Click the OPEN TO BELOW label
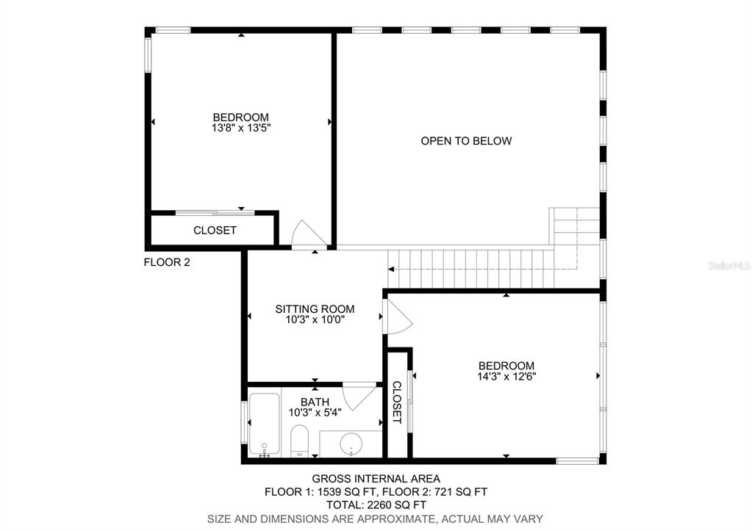[466, 141]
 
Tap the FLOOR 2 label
[167, 262]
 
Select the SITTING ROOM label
[315, 309]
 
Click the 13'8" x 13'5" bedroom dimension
[241, 128]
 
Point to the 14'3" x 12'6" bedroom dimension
[506, 376]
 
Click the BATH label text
[315, 402]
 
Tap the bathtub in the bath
[264, 425]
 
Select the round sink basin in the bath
[351, 444]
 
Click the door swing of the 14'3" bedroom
[399, 317]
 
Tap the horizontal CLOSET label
[215, 231]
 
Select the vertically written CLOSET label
[397, 402]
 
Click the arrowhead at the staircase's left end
[391, 270]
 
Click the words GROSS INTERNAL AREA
[376, 478]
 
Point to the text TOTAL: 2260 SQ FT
[376, 505]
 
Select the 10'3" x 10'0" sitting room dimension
[315, 319]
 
